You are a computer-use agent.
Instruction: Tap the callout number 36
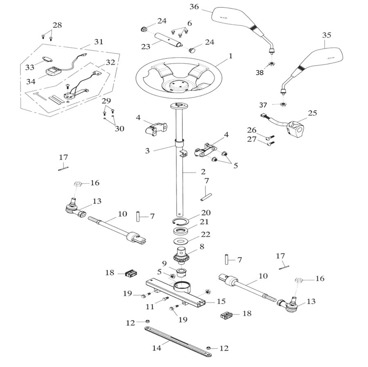194,7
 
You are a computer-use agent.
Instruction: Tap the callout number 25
312,113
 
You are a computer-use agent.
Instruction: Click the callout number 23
146,47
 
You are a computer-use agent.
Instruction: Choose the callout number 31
99,42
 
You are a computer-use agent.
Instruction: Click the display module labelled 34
52,72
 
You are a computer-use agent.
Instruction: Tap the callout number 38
260,73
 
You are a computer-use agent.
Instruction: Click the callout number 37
263,105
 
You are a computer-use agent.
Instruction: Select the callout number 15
221,302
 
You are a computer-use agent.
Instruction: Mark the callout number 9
164,263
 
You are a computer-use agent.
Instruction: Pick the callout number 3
148,150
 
